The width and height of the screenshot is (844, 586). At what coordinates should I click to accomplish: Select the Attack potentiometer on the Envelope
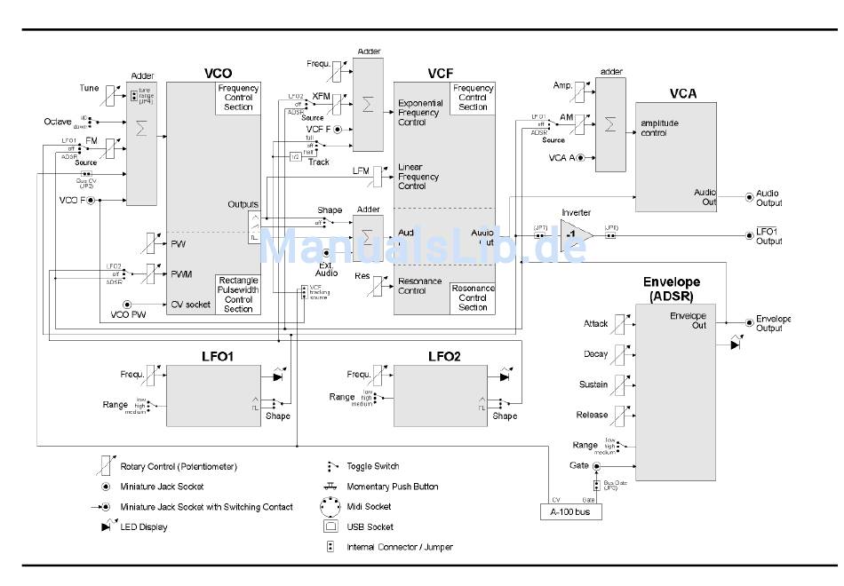(618, 324)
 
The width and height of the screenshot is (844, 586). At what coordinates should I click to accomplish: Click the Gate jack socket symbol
(596, 465)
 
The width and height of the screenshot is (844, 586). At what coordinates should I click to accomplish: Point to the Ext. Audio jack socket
(326, 254)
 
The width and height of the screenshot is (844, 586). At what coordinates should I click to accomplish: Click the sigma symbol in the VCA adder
(609, 123)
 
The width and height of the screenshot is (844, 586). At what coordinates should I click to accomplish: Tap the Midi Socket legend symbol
(330, 507)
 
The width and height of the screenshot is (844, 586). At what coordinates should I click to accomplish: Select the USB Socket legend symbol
(330, 527)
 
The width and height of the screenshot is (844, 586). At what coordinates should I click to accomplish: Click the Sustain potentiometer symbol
(618, 384)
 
